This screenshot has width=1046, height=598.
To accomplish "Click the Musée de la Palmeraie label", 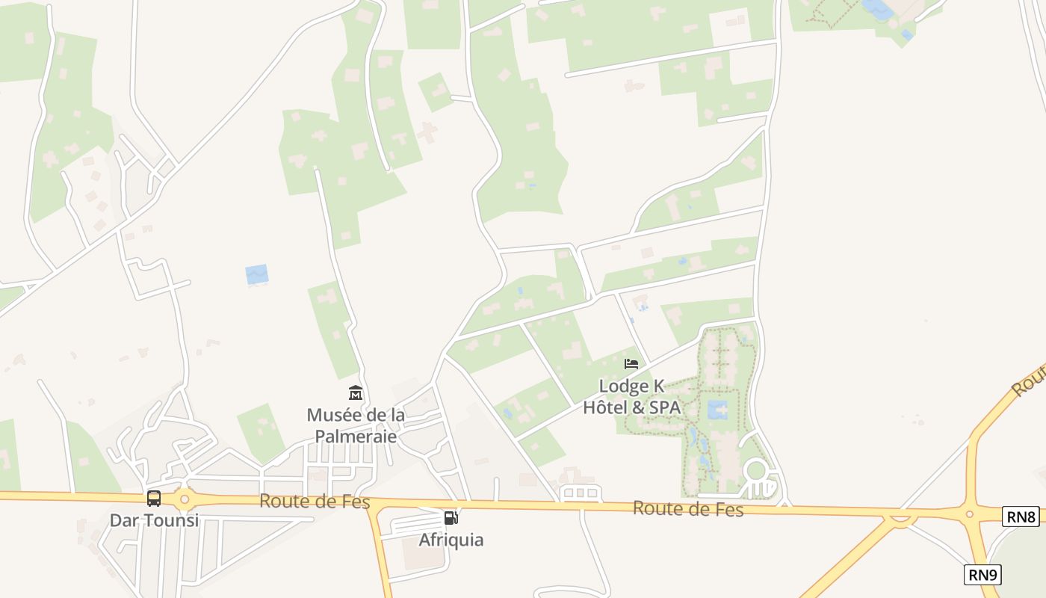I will pos(356,425).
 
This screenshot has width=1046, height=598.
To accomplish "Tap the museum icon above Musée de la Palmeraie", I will pos(356,392).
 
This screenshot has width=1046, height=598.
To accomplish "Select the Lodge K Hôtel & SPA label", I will pos(631,397).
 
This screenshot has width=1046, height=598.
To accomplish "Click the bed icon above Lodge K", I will pos(631,364).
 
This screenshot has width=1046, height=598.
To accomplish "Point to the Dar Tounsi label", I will pos(155,520).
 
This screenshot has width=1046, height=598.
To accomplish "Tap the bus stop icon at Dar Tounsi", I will pos(154,498).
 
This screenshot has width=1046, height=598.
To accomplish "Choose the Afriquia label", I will pos(451,540).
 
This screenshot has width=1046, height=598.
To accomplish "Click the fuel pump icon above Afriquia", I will pos(451,517).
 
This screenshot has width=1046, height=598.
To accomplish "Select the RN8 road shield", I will pos(1021,516).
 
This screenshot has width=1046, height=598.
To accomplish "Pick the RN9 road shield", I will pos(982,574).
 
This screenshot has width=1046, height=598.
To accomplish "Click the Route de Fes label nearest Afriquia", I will pos(315,502).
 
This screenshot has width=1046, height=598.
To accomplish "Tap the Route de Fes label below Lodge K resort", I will pos(688,509).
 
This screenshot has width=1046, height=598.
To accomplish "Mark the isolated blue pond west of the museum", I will pos(256,274).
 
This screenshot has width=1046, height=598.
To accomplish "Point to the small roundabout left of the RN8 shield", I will pos(970,514).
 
